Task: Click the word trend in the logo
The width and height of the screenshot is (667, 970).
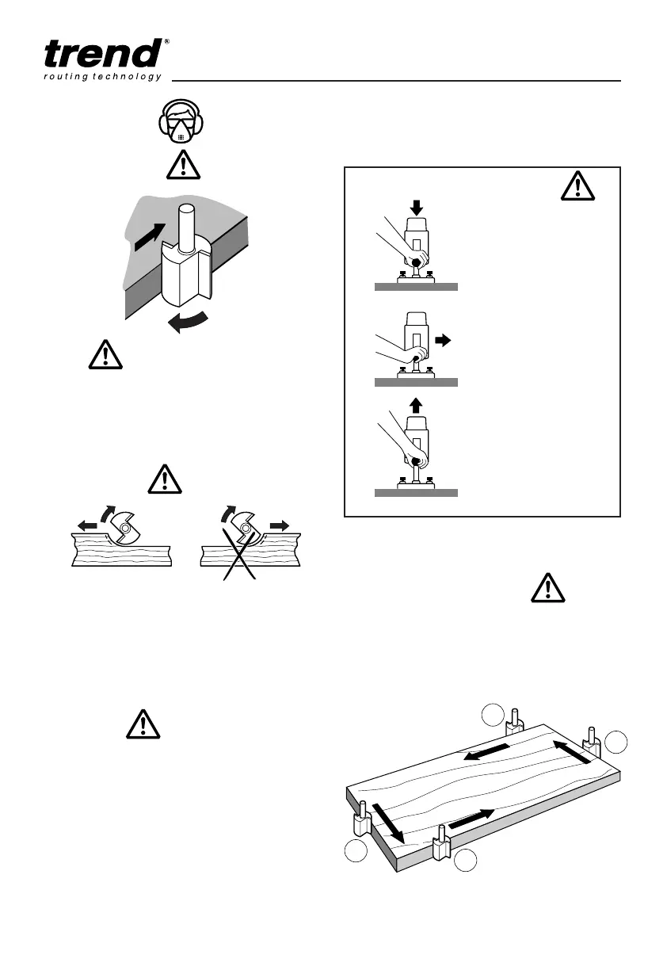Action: coord(101,54)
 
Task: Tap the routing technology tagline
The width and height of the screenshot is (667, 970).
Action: coord(102,77)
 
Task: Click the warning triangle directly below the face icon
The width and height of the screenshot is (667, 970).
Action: coord(183,166)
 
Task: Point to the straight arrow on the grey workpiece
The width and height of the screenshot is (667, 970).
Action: coord(151,237)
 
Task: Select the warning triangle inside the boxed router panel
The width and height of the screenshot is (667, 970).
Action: coord(578,185)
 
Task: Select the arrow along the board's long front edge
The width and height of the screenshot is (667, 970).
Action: coord(472,819)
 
